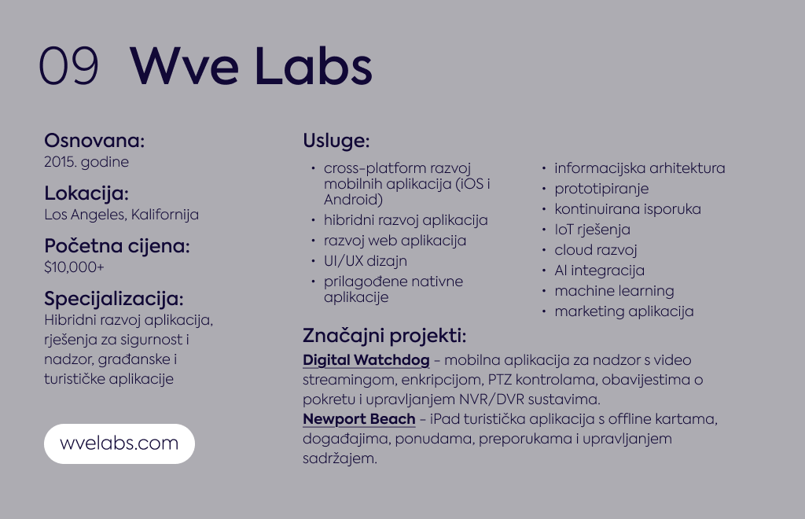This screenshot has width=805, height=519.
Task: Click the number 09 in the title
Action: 68,65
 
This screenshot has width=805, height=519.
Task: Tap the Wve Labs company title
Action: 251,65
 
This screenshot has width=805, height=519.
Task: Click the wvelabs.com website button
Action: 119,444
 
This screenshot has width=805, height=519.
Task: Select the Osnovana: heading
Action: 94,140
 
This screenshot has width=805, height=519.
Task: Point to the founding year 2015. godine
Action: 86,162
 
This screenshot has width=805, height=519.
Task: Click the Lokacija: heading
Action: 86,193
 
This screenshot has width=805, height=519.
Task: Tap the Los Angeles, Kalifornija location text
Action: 121,215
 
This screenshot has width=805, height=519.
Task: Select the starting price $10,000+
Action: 74,267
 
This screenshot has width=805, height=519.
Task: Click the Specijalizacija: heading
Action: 113,299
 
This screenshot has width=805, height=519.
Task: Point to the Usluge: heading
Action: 336,141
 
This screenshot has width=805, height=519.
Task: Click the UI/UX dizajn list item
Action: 365,261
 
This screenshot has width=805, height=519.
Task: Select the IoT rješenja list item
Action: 592,230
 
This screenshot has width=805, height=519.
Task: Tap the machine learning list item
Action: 614,291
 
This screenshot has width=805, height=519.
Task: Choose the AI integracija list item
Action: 599,271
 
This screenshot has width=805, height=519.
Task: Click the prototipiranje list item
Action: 601,189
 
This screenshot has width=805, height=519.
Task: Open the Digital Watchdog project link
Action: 366,360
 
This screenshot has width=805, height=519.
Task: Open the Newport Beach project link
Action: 358,419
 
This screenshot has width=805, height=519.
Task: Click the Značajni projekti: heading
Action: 384,336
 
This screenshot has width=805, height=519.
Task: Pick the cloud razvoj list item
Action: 596,250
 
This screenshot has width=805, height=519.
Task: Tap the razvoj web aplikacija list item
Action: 395,241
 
